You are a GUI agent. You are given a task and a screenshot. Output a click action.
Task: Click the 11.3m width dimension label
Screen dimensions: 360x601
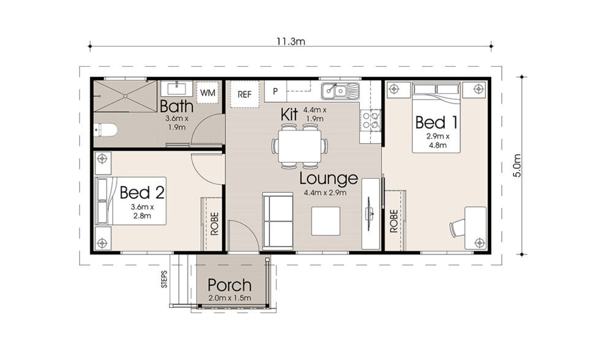pyautogui.click(x=292, y=41)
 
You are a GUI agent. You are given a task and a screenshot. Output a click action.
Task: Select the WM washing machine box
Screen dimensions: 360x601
pyautogui.click(x=208, y=93)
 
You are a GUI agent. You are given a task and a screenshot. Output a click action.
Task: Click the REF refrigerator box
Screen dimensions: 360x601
pyautogui.click(x=245, y=94)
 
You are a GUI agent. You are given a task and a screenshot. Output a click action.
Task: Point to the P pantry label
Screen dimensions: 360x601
pyautogui.click(x=276, y=92)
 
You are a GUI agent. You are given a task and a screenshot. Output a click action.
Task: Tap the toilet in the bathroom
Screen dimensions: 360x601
pyautogui.click(x=106, y=130)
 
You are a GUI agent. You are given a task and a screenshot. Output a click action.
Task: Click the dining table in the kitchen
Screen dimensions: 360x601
pyautogui.click(x=300, y=146)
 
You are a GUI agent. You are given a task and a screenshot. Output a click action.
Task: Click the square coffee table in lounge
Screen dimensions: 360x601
pyautogui.click(x=325, y=221)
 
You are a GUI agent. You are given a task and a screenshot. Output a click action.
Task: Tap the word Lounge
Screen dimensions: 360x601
pyautogui.click(x=328, y=179)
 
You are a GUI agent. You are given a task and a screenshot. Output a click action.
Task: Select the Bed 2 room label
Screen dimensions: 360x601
pyautogui.click(x=142, y=193)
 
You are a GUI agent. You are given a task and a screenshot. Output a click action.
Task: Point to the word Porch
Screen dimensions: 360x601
pyautogui.click(x=229, y=285)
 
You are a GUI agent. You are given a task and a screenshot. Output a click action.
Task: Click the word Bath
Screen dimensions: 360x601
pyautogui.click(x=176, y=105)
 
